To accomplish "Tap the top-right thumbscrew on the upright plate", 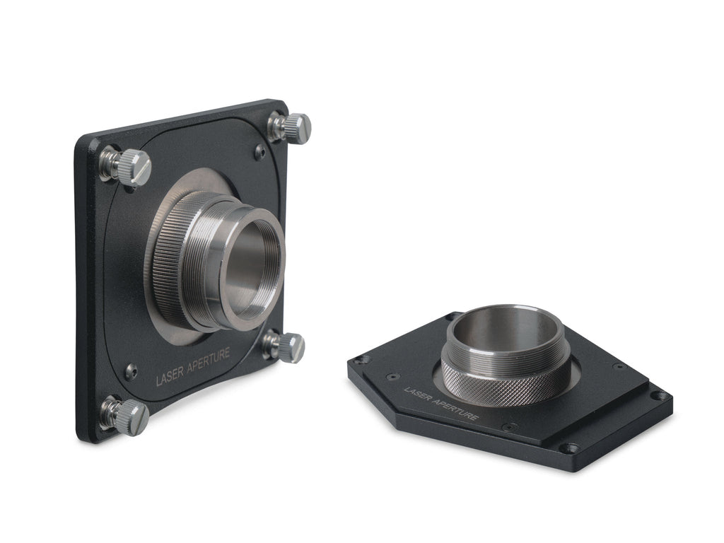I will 291,128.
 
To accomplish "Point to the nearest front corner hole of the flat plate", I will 571,448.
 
